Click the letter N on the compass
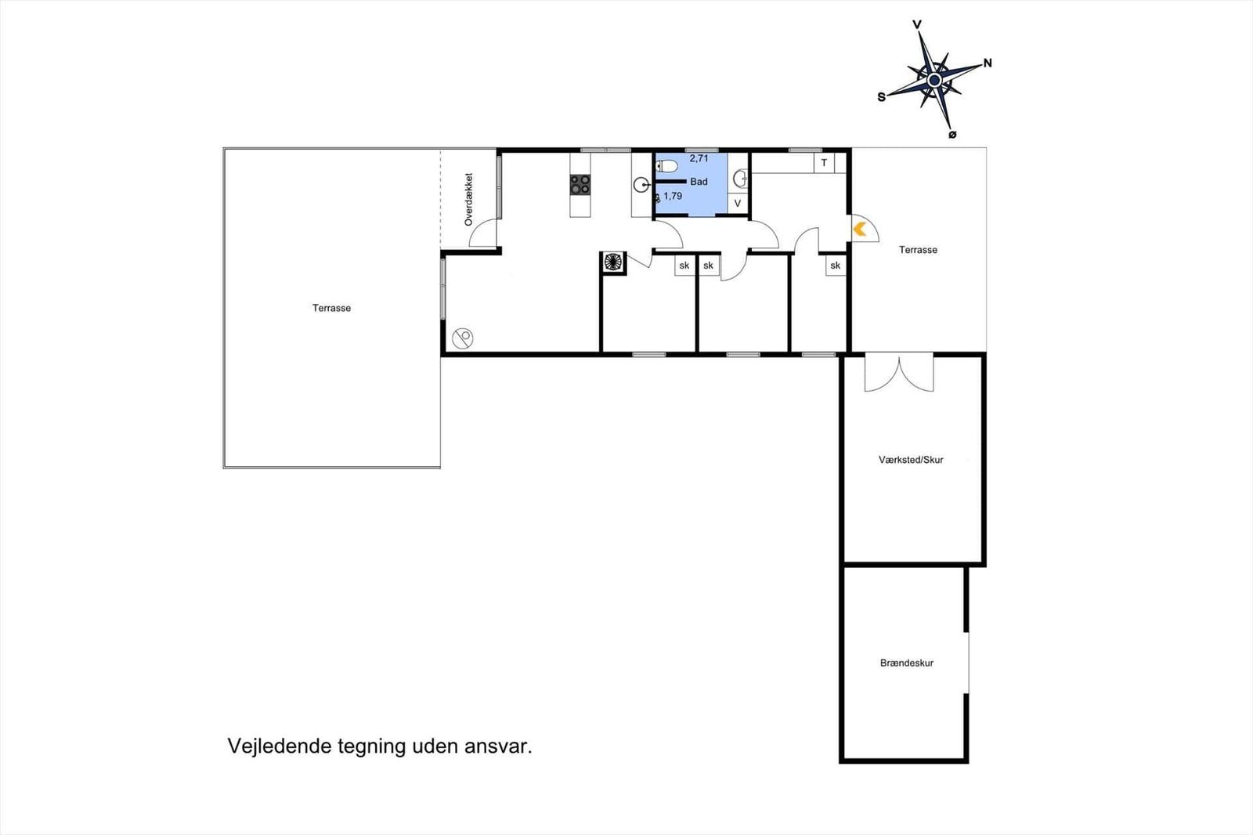988,63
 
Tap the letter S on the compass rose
882,97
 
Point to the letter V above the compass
917,25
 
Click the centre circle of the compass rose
934,80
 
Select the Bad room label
699,182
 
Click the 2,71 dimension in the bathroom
699,158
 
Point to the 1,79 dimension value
673,197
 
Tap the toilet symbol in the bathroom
667,165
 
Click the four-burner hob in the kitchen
580,185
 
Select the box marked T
824,163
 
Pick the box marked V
737,204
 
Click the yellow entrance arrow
859,229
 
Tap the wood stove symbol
613,262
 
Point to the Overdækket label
468,200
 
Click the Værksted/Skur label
911,460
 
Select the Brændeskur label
907,663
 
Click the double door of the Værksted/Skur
899,373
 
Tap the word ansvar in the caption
498,746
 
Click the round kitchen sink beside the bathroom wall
641,185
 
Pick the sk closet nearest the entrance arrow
836,266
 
